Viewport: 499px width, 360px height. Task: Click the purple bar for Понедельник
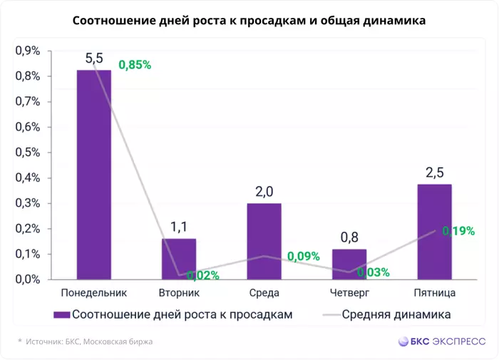pyautogui.click(x=94, y=175)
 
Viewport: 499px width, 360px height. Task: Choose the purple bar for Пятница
pyautogui.click(x=434, y=232)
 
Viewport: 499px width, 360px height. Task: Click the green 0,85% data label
pyautogui.click(x=135, y=65)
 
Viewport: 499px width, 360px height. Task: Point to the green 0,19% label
pyautogui.click(x=458, y=230)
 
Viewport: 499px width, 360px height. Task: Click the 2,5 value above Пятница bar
pyautogui.click(x=434, y=173)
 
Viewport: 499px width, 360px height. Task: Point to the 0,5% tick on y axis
pyautogui.click(x=28, y=153)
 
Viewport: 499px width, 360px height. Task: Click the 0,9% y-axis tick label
pyautogui.click(x=28, y=51)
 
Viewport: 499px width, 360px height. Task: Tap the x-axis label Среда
pyautogui.click(x=264, y=292)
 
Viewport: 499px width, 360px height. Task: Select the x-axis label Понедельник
pyautogui.click(x=94, y=292)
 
